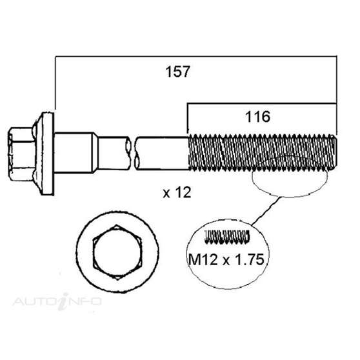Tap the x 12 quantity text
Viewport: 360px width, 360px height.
(x=176, y=193)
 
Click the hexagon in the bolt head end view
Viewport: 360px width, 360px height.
(x=112, y=248)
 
